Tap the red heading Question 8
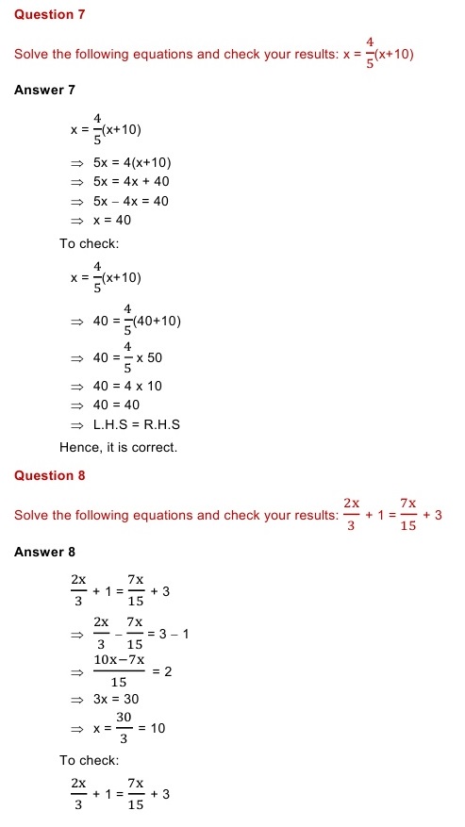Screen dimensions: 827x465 [x=49, y=475]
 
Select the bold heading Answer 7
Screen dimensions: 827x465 [x=44, y=90]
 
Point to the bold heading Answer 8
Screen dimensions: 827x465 [x=44, y=552]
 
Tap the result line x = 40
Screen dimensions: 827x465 [x=112, y=221]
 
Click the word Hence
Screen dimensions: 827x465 [x=78, y=447]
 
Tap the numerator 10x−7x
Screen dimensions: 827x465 [x=119, y=660]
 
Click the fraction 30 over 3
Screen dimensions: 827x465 [x=124, y=729]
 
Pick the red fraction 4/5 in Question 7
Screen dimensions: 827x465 [x=371, y=53]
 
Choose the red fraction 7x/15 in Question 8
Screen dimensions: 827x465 [x=408, y=515]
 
